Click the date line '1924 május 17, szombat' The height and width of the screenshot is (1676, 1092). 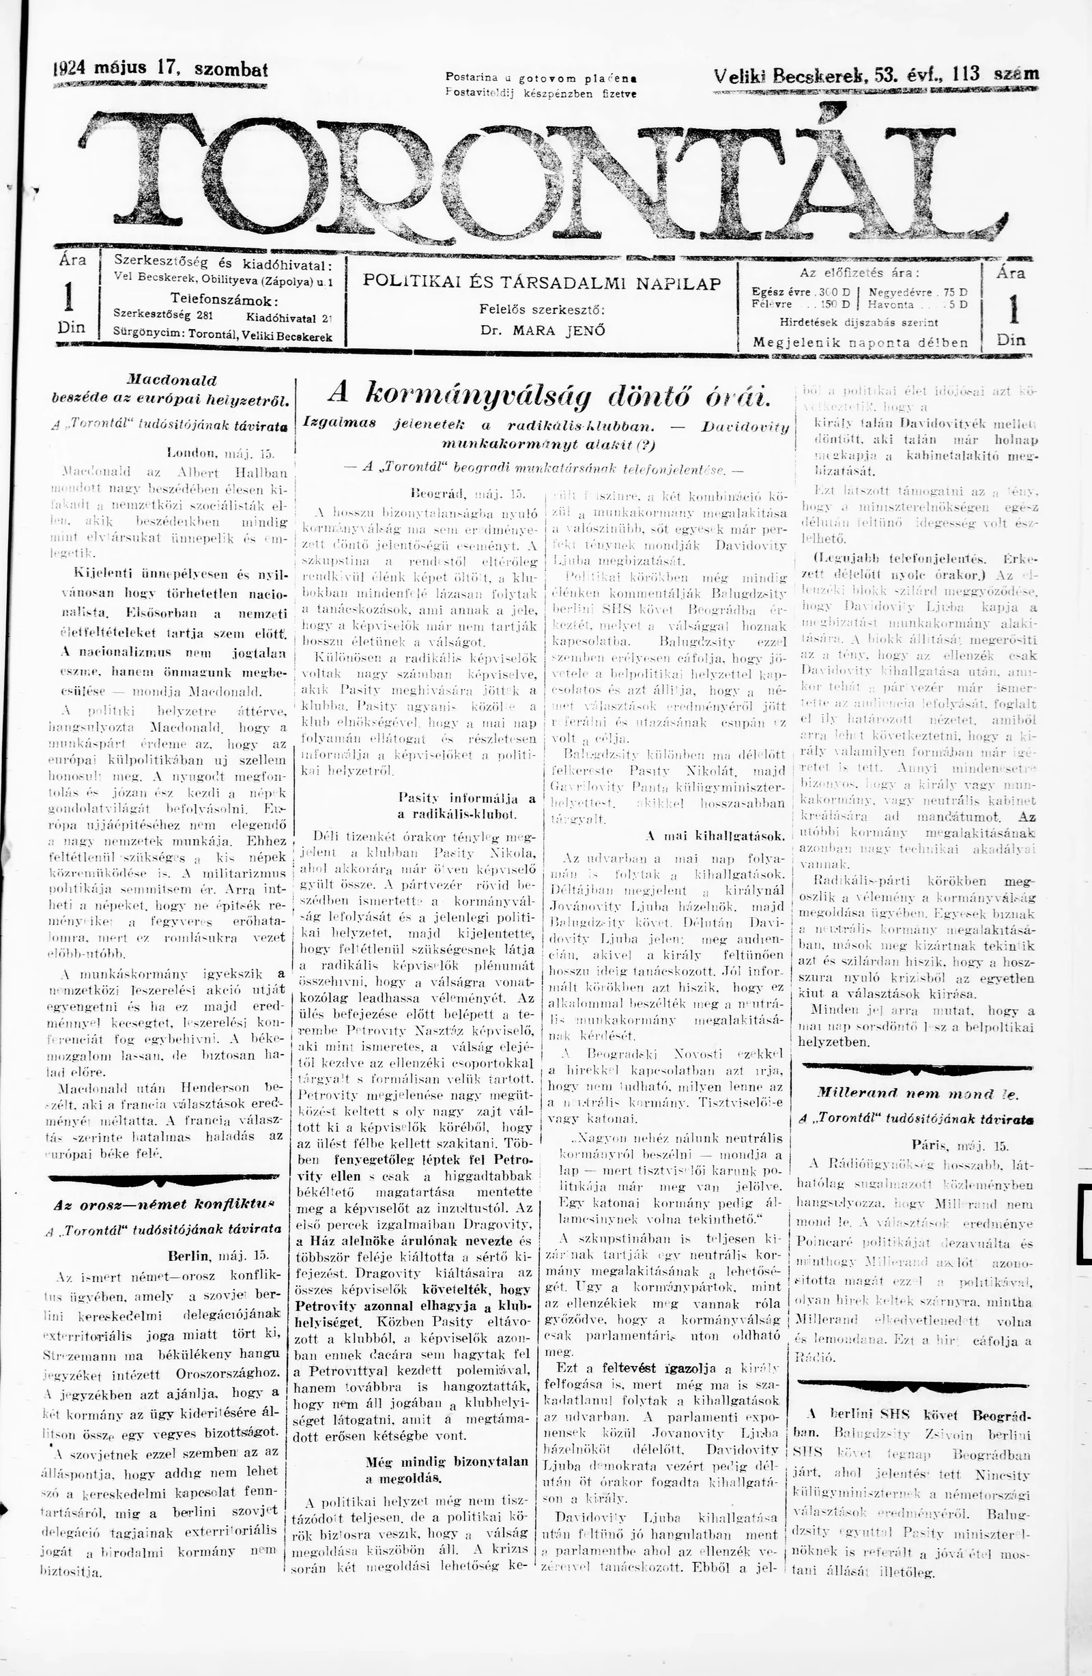(x=161, y=70)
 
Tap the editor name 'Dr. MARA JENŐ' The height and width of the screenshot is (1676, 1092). (x=542, y=330)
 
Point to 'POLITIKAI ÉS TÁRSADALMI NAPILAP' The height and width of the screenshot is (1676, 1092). (x=542, y=283)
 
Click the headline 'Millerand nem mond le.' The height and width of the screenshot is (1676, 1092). (x=917, y=1094)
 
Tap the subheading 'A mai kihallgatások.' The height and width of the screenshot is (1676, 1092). (x=715, y=836)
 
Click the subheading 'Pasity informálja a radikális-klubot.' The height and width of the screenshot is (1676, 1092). (x=467, y=806)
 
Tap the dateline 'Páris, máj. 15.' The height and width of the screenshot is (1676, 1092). (x=960, y=1145)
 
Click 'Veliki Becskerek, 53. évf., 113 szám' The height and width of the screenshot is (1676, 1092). (x=876, y=74)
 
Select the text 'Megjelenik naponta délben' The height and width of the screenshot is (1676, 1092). (x=861, y=343)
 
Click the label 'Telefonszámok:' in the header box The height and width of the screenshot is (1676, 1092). (x=224, y=299)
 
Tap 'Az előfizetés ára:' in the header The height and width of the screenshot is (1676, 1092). (x=860, y=273)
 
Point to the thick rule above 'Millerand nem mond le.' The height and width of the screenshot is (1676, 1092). (x=917, y=1067)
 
